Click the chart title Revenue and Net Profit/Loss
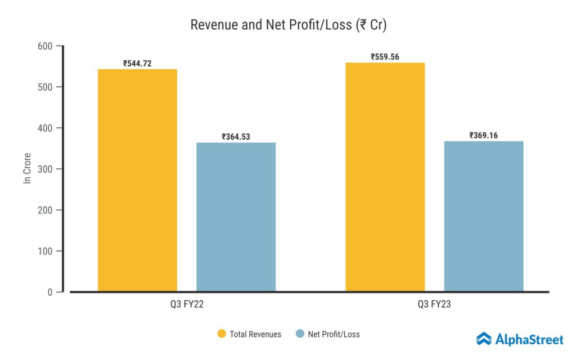pyautogui.click(x=288, y=25)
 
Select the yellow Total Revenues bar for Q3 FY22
pyautogui.click(x=137, y=180)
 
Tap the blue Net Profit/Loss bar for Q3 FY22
pyautogui.click(x=236, y=217)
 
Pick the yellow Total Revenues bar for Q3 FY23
pyautogui.click(x=385, y=177)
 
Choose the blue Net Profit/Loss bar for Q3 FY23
pyautogui.click(x=484, y=216)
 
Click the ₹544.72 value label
pyautogui.click(x=137, y=63)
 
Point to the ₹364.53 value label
pyautogui.click(x=236, y=137)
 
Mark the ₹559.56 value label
pyautogui.click(x=385, y=57)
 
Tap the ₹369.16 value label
pyautogui.click(x=484, y=135)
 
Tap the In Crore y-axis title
pyautogui.click(x=26, y=169)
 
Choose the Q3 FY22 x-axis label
pyautogui.click(x=187, y=304)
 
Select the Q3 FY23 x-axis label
pyautogui.click(x=434, y=304)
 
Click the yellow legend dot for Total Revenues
pyautogui.click(x=222, y=334)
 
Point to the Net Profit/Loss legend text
pyautogui.click(x=334, y=334)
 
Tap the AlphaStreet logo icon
pyautogui.click(x=484, y=339)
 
